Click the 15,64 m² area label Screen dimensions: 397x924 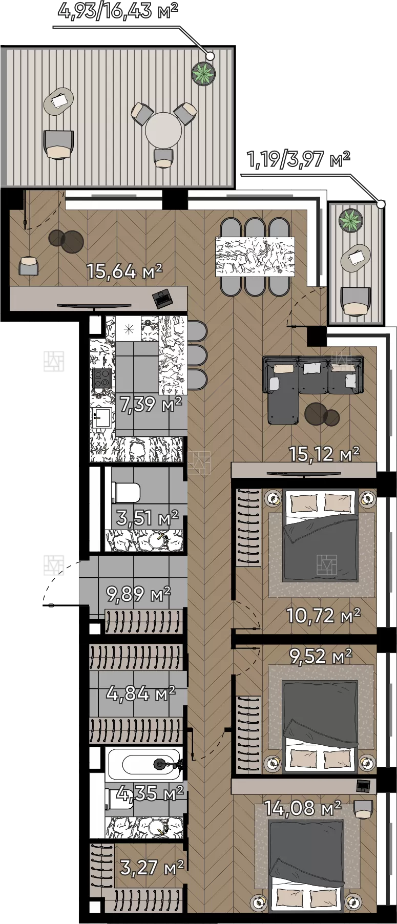coord(124,271)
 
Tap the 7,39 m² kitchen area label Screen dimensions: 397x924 coord(151,404)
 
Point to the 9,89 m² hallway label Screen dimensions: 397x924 coord(138,594)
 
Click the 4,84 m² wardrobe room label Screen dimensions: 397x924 coord(141,694)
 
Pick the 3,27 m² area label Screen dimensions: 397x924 coord(152,868)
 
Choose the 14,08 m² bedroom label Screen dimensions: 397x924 coord(302,808)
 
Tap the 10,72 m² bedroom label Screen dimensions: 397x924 coord(323,615)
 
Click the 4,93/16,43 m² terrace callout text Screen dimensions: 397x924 coord(118,10)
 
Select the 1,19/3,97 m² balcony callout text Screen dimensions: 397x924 coord(299,159)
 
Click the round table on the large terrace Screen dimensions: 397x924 coord(163,131)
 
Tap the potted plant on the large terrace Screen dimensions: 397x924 coord(203,74)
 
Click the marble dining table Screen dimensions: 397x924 coord(255,257)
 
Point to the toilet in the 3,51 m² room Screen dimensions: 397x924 coord(126,493)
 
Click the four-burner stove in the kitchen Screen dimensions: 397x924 coord(102,379)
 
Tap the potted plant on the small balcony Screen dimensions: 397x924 coord(351,220)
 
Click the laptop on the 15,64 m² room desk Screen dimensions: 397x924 coord(163,298)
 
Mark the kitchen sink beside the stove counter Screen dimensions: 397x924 coord(102,417)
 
